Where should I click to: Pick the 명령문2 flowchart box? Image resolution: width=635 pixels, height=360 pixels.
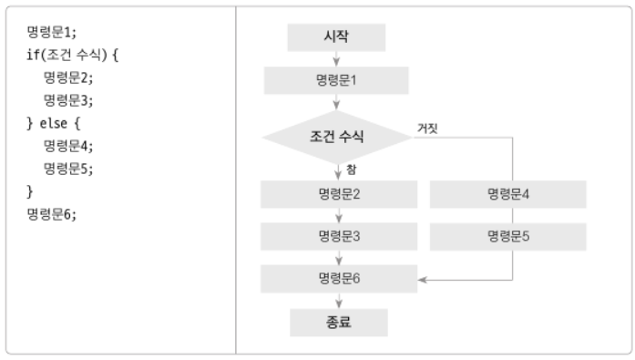pyautogui.click(x=339, y=194)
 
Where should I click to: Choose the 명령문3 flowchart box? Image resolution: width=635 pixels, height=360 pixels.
pyautogui.click(x=339, y=236)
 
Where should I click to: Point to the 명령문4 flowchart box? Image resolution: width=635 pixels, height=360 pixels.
pyautogui.click(x=507, y=194)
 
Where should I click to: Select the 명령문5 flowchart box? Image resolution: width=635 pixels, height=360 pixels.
pyautogui.click(x=507, y=236)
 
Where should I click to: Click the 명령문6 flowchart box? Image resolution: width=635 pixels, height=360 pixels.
pyautogui.click(x=339, y=278)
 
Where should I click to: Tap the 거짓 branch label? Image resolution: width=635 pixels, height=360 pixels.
pyautogui.click(x=427, y=128)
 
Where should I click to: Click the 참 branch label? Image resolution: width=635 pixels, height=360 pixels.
pyautogui.click(x=351, y=170)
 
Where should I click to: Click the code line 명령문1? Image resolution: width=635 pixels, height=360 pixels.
pyautogui.click(x=54, y=32)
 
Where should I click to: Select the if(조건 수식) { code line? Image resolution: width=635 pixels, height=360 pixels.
pyautogui.click(x=73, y=55)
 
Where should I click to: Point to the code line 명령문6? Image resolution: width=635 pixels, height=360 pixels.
pyautogui.click(x=54, y=214)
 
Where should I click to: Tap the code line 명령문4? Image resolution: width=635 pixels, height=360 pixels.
pyautogui.click(x=69, y=145)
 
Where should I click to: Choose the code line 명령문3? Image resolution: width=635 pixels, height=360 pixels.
pyautogui.click(x=69, y=100)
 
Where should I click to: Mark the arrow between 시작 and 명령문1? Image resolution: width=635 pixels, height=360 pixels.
pyautogui.click(x=338, y=58)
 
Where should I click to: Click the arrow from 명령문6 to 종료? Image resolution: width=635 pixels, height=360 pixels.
pyautogui.click(x=338, y=301)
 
